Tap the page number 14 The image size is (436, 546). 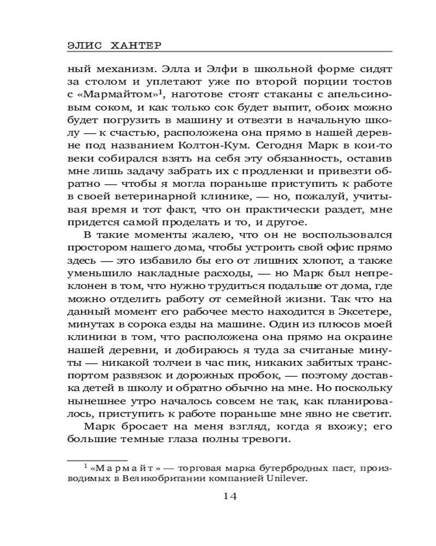(x=229, y=496)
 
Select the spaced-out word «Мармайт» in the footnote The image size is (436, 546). (x=121, y=468)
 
